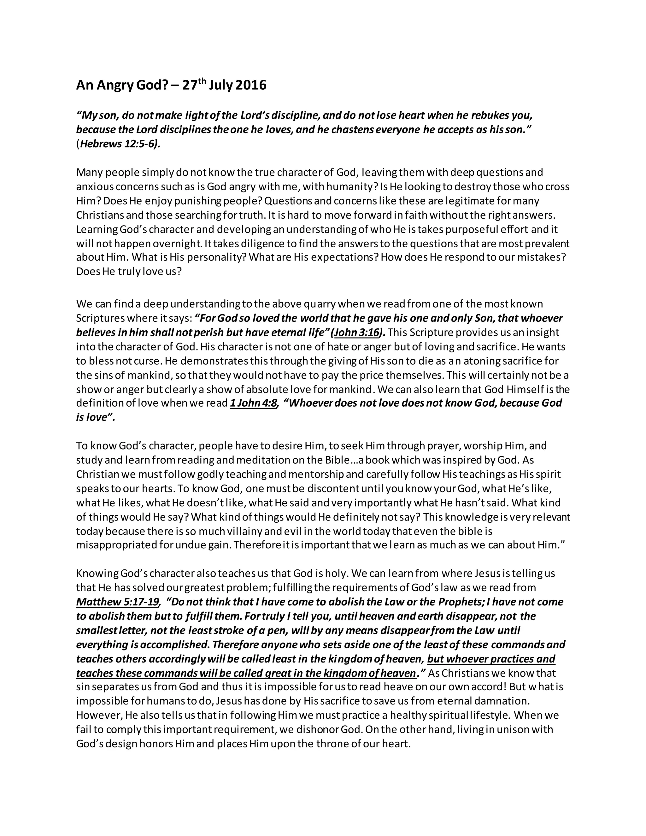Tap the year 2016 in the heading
251,85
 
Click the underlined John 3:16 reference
357,333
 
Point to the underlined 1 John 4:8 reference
253,403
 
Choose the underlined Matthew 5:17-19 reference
117,602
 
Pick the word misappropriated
116,545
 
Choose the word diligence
259,244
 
